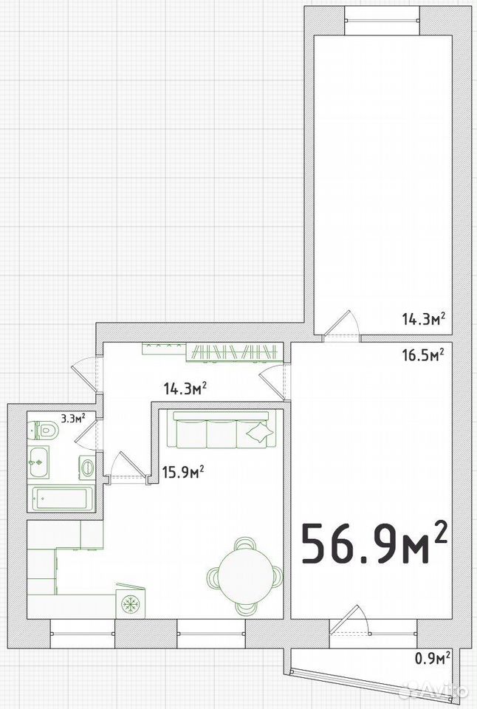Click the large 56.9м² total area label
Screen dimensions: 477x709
(x=374, y=543)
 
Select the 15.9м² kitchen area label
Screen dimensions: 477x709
(x=183, y=473)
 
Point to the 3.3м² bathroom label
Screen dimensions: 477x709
(x=72, y=417)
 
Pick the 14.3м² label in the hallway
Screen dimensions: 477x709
(x=185, y=388)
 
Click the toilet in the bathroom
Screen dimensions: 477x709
(x=44, y=431)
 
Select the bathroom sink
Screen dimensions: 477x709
(x=39, y=462)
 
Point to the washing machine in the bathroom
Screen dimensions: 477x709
(x=87, y=466)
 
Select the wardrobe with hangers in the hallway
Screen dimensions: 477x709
(x=234, y=353)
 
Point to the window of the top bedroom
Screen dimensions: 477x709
(x=382, y=21)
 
